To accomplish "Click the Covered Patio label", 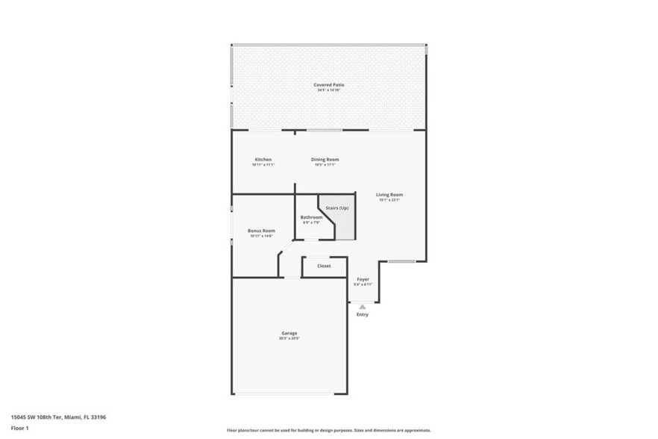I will click(x=328, y=84).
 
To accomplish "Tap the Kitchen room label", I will click(x=263, y=159).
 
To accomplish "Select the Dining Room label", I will click(x=325, y=159).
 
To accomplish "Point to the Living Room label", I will click(x=389, y=194).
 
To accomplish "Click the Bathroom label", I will click(x=311, y=217).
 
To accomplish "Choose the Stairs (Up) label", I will click(x=337, y=208).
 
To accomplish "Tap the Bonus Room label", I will click(x=261, y=231).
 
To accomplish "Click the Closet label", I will click(x=324, y=266).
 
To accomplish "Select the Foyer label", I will click(x=363, y=279).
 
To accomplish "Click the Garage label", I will click(x=289, y=333).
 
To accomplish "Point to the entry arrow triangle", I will click(x=363, y=306).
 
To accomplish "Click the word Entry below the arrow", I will click(x=363, y=314).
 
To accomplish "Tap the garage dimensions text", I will click(x=289, y=339).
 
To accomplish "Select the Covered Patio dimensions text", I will click(x=328, y=90).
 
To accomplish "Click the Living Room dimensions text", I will click(x=389, y=200).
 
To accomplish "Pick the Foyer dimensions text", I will click(x=363, y=284).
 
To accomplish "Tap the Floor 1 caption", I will click(x=20, y=428).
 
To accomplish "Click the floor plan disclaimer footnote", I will click(x=328, y=431).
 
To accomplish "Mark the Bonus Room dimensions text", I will click(x=261, y=236).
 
